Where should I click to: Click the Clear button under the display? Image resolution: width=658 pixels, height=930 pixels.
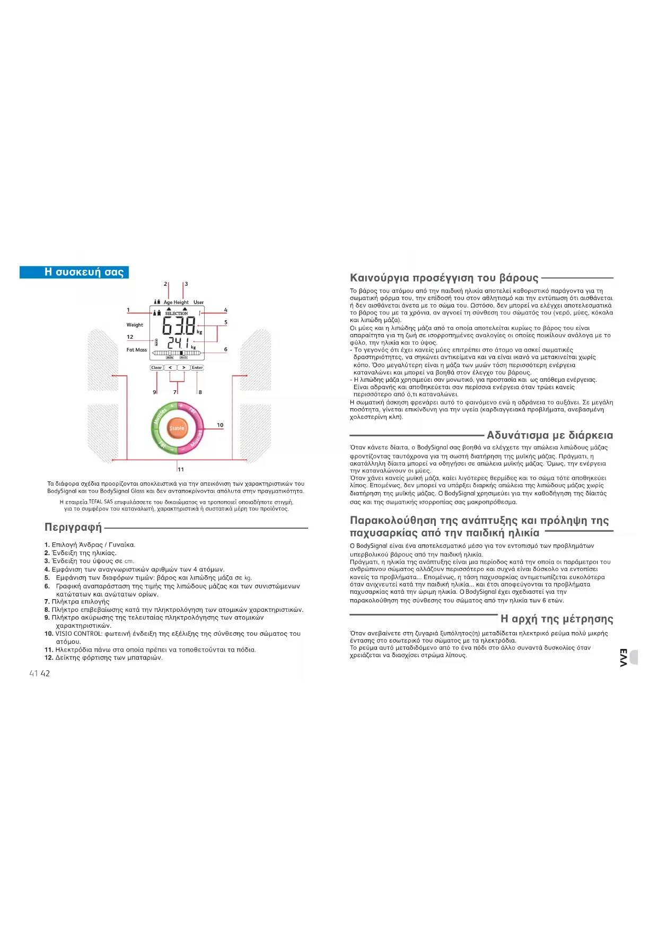click(x=156, y=367)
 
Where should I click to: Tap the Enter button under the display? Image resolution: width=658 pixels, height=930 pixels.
click(x=197, y=367)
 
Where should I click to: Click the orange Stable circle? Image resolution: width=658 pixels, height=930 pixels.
click(x=177, y=428)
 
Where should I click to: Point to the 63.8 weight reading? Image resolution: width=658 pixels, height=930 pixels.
click(x=179, y=326)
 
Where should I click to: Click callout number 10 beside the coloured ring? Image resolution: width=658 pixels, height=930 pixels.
click(x=220, y=425)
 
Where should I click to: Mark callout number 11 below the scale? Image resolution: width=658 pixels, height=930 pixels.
click(x=181, y=469)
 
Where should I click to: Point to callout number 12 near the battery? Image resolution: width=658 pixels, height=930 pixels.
click(x=130, y=337)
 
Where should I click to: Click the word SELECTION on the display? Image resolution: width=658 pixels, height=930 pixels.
click(x=176, y=313)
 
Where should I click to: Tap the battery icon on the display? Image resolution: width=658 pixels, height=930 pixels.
click(x=156, y=343)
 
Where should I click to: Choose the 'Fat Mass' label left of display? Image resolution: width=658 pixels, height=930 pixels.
click(x=136, y=350)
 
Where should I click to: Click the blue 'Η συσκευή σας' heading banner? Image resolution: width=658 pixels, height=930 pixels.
click(x=74, y=272)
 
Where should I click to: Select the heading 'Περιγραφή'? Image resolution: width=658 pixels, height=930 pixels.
click(x=73, y=528)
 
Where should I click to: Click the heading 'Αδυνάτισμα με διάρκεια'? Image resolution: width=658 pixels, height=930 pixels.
click(x=550, y=435)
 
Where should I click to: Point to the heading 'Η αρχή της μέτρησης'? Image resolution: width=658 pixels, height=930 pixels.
click(x=557, y=619)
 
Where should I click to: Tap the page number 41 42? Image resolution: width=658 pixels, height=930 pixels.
click(x=39, y=673)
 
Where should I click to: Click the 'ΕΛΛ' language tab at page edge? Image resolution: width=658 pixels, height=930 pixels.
click(x=624, y=657)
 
